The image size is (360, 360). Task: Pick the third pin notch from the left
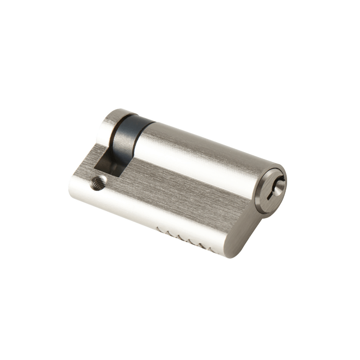click(178, 237)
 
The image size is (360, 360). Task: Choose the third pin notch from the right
click(188, 241)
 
